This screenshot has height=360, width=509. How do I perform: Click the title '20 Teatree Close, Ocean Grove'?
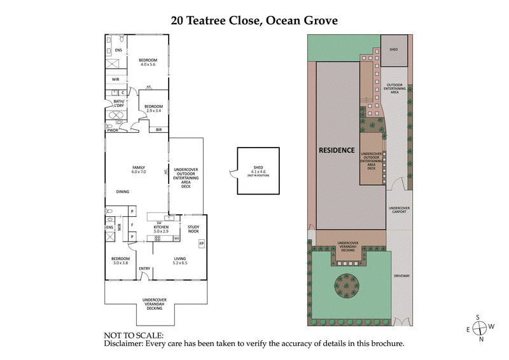254,20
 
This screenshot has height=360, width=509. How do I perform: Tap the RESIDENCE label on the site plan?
337,151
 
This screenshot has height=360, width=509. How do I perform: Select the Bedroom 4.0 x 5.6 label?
148,62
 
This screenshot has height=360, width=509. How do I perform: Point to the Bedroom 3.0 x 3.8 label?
120,261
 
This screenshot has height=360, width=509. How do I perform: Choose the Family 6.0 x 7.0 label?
139,169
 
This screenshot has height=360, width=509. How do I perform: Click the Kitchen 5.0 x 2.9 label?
160,229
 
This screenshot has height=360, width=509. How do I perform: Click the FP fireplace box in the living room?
202,244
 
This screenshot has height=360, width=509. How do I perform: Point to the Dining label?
123,191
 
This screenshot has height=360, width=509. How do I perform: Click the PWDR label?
113,130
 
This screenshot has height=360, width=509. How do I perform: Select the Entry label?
144,268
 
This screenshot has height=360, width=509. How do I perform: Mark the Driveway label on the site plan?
402,276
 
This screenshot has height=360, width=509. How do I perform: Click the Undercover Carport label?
400,210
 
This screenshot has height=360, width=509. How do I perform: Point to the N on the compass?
482,339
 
